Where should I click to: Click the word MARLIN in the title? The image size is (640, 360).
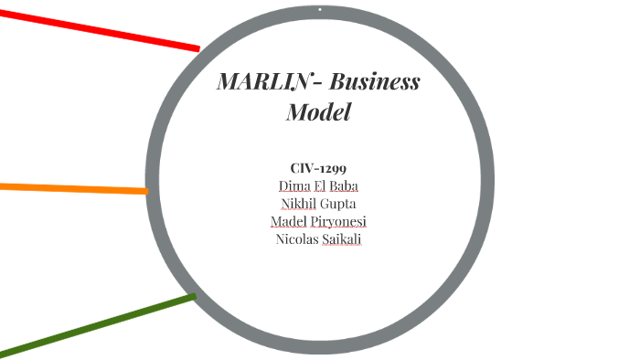(x=261, y=82)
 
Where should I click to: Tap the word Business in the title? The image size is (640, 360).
(x=375, y=82)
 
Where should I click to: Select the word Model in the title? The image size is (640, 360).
(x=318, y=113)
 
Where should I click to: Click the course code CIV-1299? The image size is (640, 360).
(x=318, y=168)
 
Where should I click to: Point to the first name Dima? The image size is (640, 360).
(x=293, y=185)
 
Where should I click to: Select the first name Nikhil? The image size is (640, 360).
(x=299, y=204)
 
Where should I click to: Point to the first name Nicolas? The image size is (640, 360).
(x=297, y=240)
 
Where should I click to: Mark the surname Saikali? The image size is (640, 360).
(x=342, y=240)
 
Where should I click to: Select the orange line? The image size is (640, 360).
(x=73, y=188)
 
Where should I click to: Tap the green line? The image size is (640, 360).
(x=91, y=325)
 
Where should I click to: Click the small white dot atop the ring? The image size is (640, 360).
(x=320, y=10)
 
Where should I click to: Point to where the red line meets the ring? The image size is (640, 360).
(x=197, y=48)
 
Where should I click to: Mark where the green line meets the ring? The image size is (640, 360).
(x=192, y=297)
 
